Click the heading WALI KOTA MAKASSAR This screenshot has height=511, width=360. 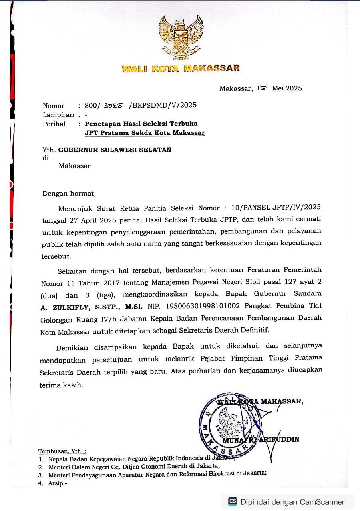click(181, 68)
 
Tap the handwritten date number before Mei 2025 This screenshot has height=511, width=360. click(262, 88)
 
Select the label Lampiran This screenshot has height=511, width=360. click(58, 115)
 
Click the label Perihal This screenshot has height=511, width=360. click(54, 124)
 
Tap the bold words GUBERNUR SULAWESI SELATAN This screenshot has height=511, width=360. click(115, 150)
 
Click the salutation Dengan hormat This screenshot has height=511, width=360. click(70, 194)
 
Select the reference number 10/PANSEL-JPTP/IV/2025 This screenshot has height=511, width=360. click(278, 208)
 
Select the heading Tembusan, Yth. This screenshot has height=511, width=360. click(62, 451)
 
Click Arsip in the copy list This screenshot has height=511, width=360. click(58, 483)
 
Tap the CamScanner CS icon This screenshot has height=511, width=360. click(232, 501)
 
